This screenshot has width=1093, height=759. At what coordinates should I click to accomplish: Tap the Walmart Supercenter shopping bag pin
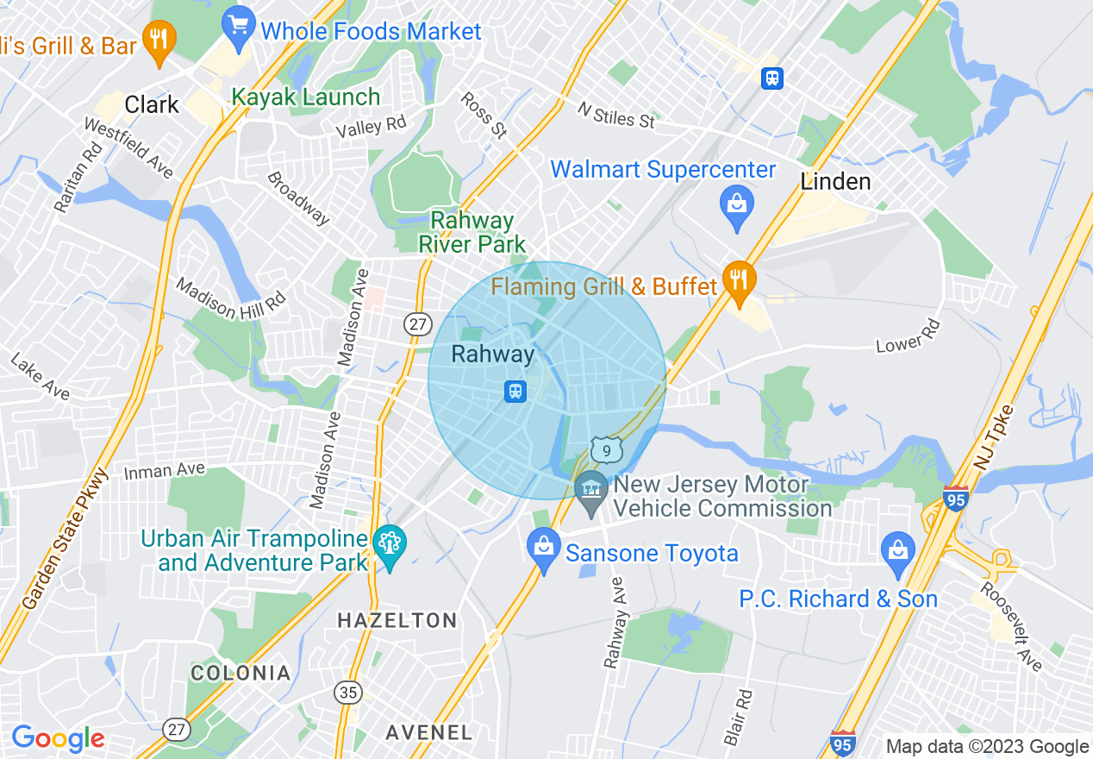(x=736, y=206)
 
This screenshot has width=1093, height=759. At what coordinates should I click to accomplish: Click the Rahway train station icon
(x=515, y=392)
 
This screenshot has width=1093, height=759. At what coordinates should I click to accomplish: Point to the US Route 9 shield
(x=607, y=449)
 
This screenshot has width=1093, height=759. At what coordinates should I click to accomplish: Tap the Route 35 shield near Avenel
(x=348, y=693)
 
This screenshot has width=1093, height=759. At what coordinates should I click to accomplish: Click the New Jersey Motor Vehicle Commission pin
(x=591, y=492)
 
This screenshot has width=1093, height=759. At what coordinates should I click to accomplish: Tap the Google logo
(x=58, y=738)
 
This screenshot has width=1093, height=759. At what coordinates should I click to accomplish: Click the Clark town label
(x=152, y=105)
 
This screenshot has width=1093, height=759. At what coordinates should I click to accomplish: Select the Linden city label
(x=835, y=181)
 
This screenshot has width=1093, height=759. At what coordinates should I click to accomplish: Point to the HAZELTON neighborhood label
(x=397, y=620)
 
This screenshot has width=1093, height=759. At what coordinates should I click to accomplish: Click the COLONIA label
(x=240, y=673)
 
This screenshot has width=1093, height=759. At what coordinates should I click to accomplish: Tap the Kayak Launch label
(x=305, y=97)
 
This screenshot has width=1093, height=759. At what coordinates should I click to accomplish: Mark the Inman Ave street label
(x=164, y=470)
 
